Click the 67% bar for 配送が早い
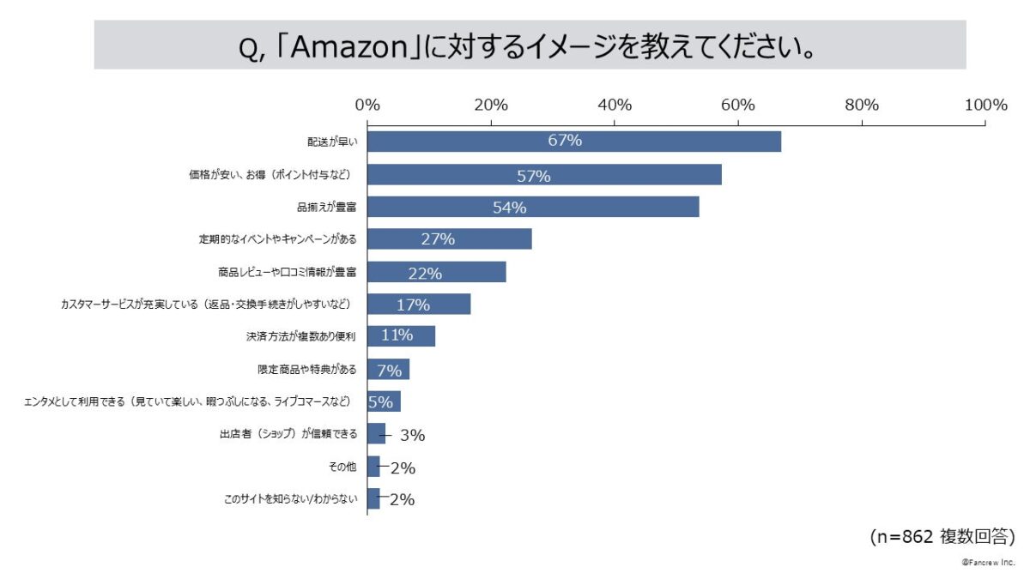[x=573, y=142]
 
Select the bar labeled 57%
[x=544, y=175]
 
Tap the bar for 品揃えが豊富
[x=532, y=207]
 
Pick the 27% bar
[x=449, y=239]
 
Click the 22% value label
[x=425, y=274]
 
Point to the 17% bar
[x=418, y=305]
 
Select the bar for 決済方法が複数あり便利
[x=401, y=336]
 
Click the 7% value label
[x=390, y=371]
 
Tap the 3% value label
[x=412, y=435]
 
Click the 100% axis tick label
[x=985, y=106]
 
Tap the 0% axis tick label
[x=367, y=106]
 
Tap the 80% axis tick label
[x=861, y=106]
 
